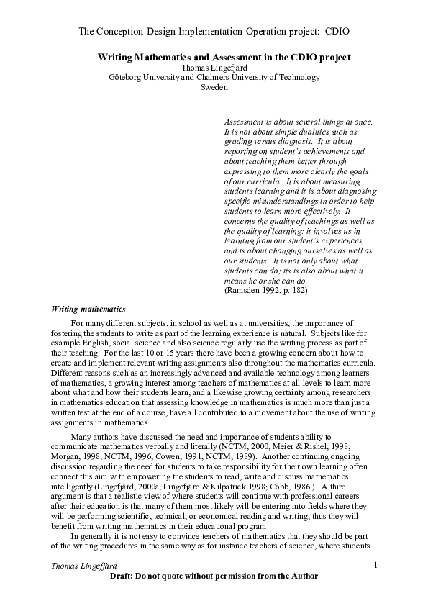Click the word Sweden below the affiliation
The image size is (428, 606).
click(x=214, y=87)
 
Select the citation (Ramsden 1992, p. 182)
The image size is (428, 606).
click(x=266, y=290)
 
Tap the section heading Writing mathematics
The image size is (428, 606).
click(x=88, y=309)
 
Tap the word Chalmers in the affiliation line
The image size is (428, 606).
click(x=232, y=77)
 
